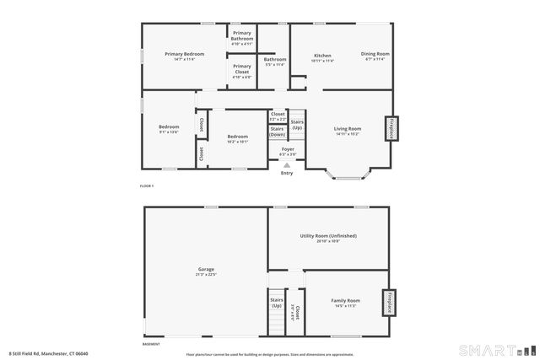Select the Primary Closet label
242,69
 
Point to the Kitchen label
322,54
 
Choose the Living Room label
348,129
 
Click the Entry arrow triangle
287,165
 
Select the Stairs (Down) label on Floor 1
278,132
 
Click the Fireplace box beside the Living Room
391,128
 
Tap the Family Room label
345,300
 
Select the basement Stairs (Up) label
276,302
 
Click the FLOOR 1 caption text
147,185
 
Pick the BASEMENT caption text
151,344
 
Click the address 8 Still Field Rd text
49,353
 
